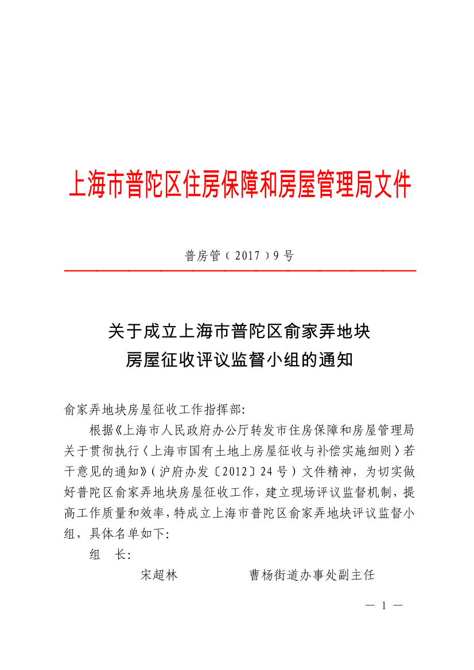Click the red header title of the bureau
click(x=240, y=185)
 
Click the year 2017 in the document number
click(x=247, y=256)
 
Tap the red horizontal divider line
click(x=240, y=270)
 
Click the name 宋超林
click(x=159, y=575)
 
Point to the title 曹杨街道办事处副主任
click(x=312, y=575)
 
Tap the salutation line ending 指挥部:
click(x=154, y=410)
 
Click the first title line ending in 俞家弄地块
click(x=239, y=331)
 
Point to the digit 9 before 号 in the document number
click(x=276, y=256)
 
